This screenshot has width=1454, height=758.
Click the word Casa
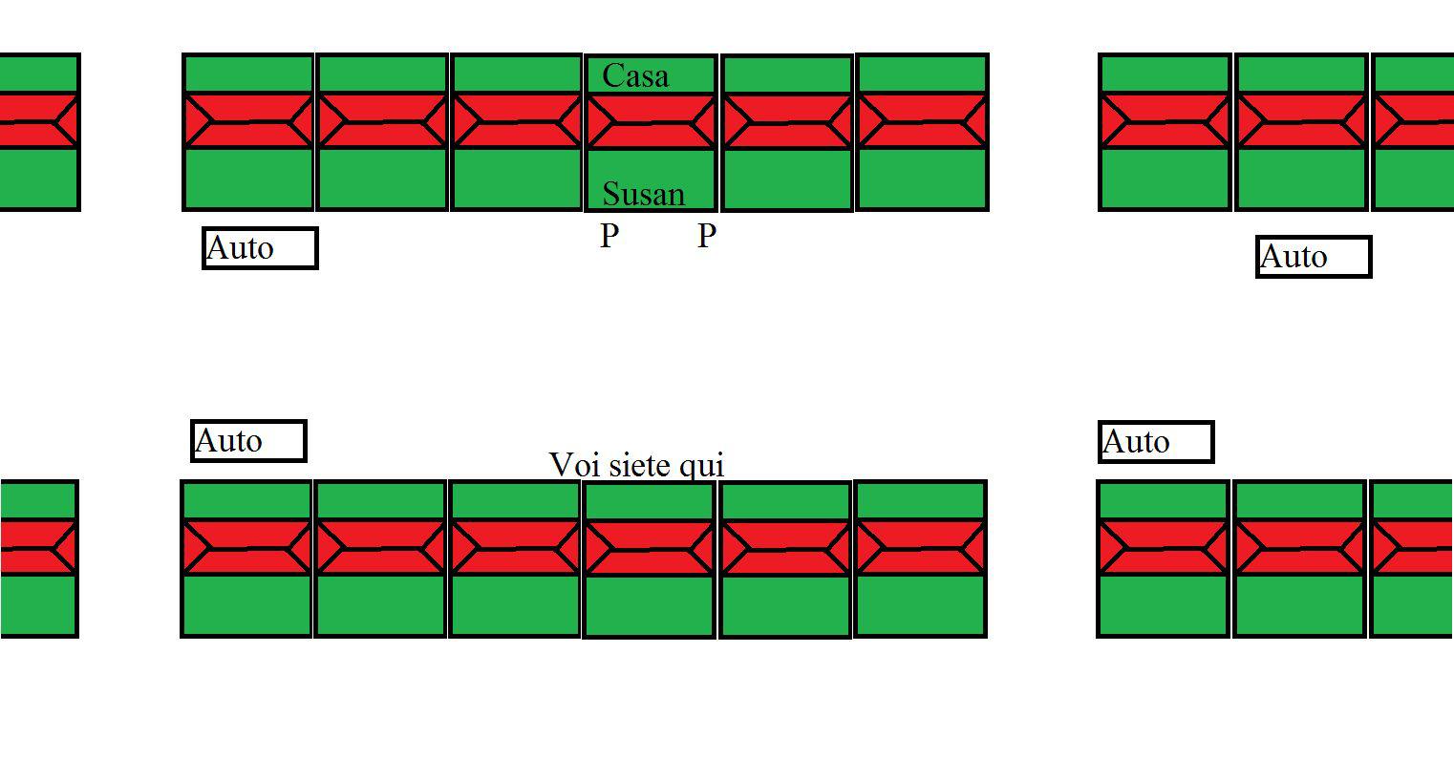[x=635, y=76]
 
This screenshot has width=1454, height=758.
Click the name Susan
[x=643, y=195]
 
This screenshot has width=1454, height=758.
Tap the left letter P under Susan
[x=609, y=236]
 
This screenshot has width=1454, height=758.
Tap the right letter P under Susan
[x=706, y=236]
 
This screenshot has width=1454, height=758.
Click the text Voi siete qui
[x=637, y=465]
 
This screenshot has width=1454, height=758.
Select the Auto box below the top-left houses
[x=260, y=248]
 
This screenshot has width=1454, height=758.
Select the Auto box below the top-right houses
[x=1314, y=257]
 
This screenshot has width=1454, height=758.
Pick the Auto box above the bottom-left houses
[x=248, y=441]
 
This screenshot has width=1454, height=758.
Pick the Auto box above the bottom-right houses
[x=1156, y=442]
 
